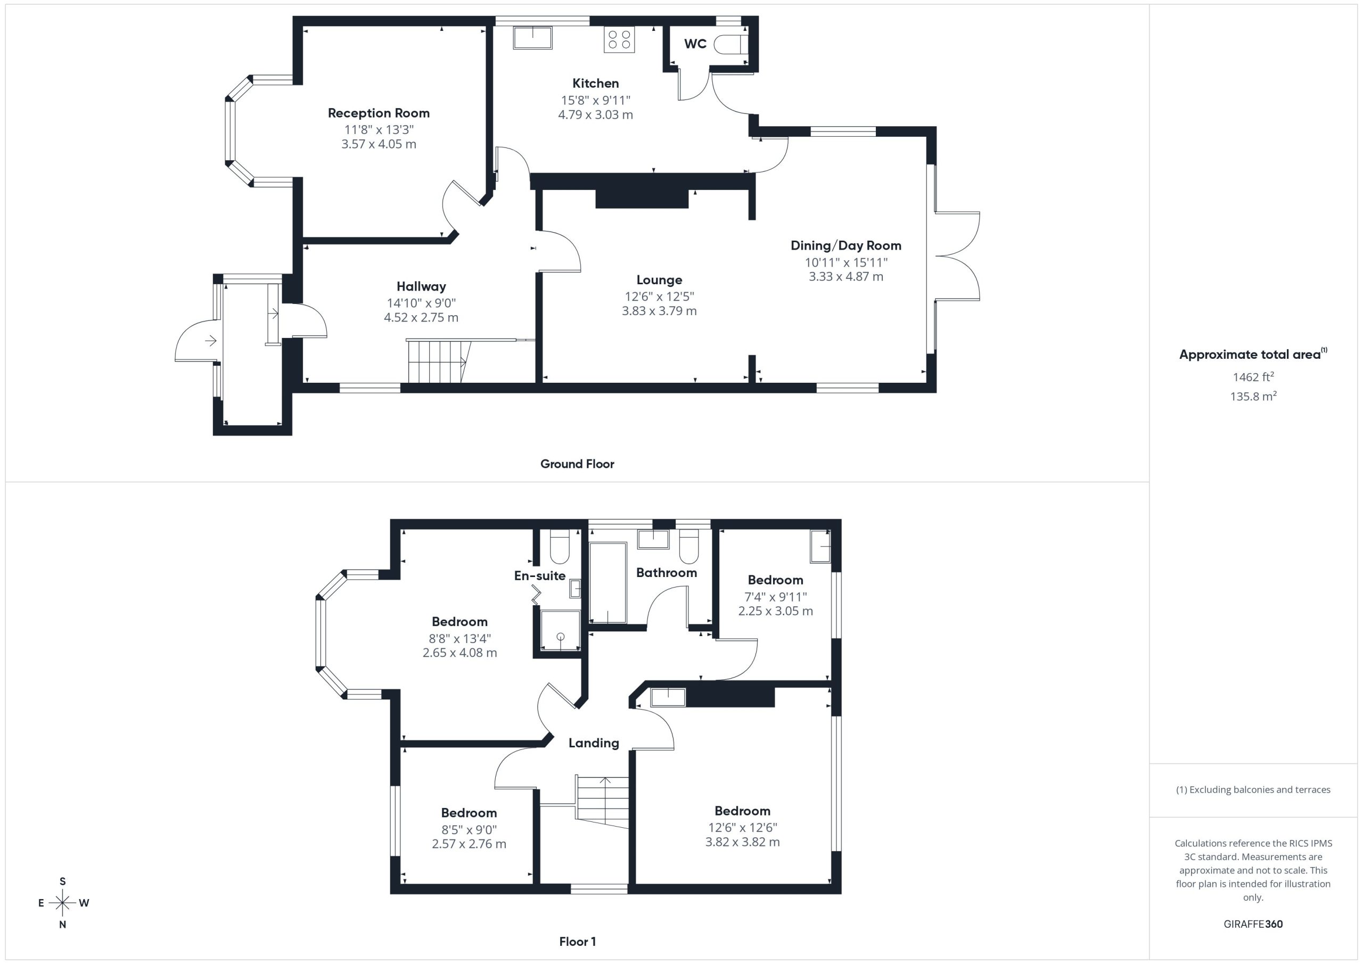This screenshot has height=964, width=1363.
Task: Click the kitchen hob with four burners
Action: coord(619,39)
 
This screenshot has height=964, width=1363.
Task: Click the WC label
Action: coord(695,44)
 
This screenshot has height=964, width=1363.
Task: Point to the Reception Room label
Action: coord(379,113)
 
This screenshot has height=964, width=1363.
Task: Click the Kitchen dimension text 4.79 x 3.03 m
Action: coord(595,114)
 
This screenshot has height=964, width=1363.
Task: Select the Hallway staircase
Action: coord(438,361)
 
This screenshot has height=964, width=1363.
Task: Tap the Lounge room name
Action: coord(659,279)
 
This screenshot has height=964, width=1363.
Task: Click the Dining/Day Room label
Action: coord(846,245)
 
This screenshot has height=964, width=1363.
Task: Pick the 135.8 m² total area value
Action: coord(1253,396)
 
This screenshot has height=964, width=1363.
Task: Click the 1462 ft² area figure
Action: coord(1253,376)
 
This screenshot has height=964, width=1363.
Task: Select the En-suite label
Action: coord(540,575)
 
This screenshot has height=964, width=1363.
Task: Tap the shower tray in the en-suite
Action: coord(560,630)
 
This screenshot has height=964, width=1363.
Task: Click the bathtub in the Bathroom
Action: coord(608,583)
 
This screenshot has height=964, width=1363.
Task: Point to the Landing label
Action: coord(594,743)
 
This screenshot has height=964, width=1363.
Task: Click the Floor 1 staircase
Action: coord(602,801)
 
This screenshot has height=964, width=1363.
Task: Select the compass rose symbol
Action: coord(62,903)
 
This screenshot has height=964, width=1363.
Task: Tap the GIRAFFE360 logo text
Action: coord(1253,924)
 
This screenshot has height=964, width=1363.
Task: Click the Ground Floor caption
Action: coord(577,464)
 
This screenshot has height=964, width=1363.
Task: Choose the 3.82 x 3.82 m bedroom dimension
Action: coord(742,842)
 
